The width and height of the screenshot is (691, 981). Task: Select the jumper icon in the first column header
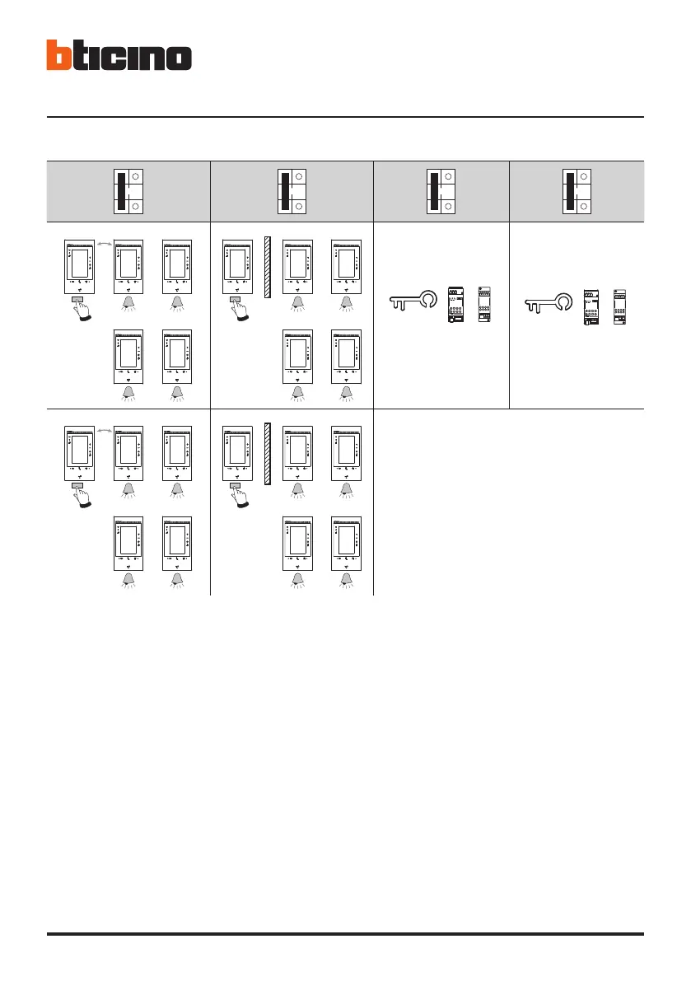coord(128,191)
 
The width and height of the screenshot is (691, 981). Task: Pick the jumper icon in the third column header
coord(441,191)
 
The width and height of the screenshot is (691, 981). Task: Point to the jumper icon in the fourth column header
coord(577,191)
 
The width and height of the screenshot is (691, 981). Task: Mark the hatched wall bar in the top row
coord(268,268)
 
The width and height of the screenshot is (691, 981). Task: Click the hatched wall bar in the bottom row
coord(268,454)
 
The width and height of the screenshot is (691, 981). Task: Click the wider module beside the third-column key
coord(455,305)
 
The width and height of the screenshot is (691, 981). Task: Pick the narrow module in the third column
coord(484,305)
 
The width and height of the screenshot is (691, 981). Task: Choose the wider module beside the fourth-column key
coord(592,306)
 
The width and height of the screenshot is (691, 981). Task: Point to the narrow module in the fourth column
coord(620,306)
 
